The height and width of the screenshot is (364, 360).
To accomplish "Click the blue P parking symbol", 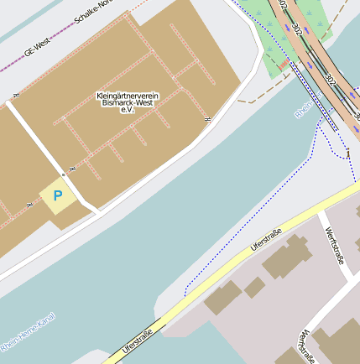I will (x=58, y=196).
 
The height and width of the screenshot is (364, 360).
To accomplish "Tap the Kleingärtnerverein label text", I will (x=128, y=95).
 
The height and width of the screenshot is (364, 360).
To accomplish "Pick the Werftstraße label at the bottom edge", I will (x=305, y=346).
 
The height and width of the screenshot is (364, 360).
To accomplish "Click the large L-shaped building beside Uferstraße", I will (x=285, y=258).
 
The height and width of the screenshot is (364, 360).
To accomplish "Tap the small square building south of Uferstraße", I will (x=254, y=288).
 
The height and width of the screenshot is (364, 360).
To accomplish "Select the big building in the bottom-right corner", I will (x=341, y=345).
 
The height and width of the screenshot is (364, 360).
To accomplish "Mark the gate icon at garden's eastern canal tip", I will (x=206, y=120).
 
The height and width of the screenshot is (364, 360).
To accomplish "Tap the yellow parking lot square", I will (x=58, y=197).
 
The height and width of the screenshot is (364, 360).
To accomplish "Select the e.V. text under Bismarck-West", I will (x=128, y=110).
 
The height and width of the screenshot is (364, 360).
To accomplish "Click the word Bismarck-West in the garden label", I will (x=128, y=102).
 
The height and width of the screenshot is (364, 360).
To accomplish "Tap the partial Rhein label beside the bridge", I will (x=305, y=112).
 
